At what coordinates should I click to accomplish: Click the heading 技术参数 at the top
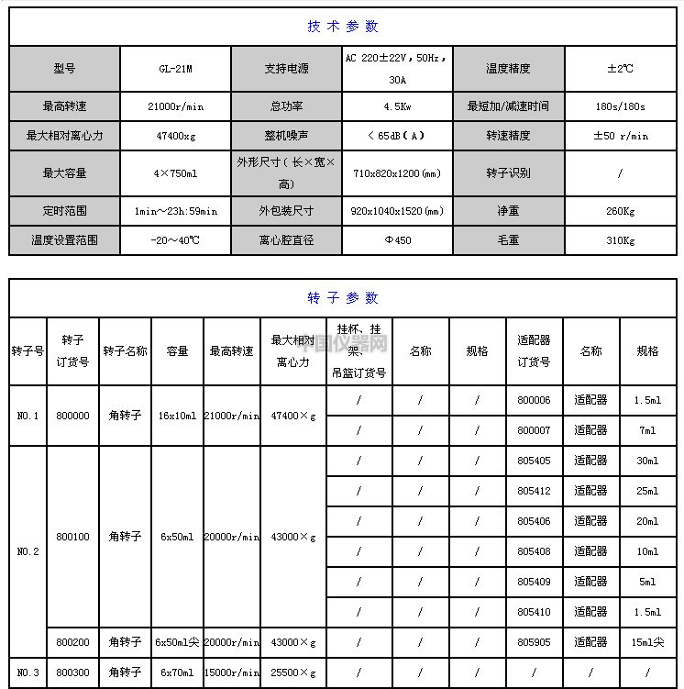pyautogui.click(x=342, y=26)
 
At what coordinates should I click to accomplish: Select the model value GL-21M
pyautogui.click(x=175, y=69)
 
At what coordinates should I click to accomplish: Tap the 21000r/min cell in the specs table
pyautogui.click(x=175, y=106)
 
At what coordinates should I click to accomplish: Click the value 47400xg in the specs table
pyautogui.click(x=175, y=136)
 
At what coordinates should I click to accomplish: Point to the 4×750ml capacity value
pyautogui.click(x=175, y=172)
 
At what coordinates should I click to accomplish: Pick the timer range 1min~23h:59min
pyautogui.click(x=175, y=211)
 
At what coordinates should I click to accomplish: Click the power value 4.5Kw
pyautogui.click(x=397, y=106)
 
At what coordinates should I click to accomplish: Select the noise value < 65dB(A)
pyautogui.click(x=397, y=136)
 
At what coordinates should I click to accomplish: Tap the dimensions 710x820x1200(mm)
pyautogui.click(x=397, y=172)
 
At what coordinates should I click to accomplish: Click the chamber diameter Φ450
pyautogui.click(x=397, y=240)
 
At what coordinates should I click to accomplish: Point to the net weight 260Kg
pyautogui.click(x=620, y=211)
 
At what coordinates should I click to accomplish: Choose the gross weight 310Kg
pyautogui.click(x=620, y=240)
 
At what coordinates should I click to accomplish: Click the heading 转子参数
pyautogui.click(x=342, y=297)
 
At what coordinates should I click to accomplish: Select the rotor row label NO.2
pyautogui.click(x=28, y=551)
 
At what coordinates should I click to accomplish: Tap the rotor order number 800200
pyautogui.click(x=73, y=642)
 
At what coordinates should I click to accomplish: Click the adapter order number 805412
pyautogui.click(x=534, y=491)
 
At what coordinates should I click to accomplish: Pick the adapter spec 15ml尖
pyautogui.click(x=647, y=642)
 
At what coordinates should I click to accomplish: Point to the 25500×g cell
pyautogui.click(x=292, y=672)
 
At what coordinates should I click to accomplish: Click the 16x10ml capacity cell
pyautogui.click(x=176, y=416)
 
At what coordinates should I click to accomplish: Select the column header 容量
pyautogui.click(x=176, y=350)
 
